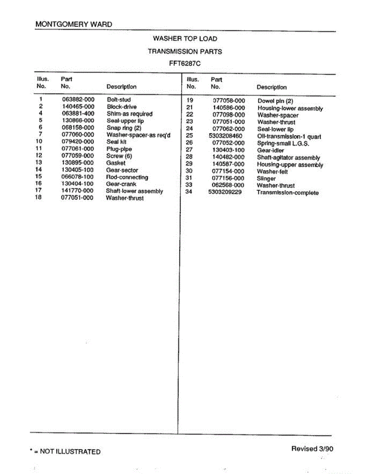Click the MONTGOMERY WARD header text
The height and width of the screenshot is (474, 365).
tap(73, 24)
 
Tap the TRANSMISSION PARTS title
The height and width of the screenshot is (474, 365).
tap(185, 51)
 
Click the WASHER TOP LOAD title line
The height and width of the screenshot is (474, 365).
tap(185, 39)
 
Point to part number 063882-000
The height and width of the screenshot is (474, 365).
tap(78, 100)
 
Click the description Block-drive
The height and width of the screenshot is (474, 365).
tap(122, 107)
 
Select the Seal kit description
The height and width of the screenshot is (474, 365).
tap(116, 142)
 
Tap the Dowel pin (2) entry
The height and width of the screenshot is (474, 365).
tap(275, 101)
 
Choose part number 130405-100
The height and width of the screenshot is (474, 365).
tap(78, 170)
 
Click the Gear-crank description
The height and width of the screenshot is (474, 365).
tap(121, 184)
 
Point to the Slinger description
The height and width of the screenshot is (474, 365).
tap(266, 179)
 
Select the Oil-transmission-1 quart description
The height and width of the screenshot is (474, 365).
tap(289, 137)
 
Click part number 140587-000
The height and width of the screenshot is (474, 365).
tap(228, 164)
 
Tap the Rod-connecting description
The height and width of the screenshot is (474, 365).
tap(127, 177)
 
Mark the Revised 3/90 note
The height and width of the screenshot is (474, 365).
tap(312, 448)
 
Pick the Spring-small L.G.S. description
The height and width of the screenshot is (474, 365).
tap(283, 143)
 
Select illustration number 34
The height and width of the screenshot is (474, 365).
tap(189, 192)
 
